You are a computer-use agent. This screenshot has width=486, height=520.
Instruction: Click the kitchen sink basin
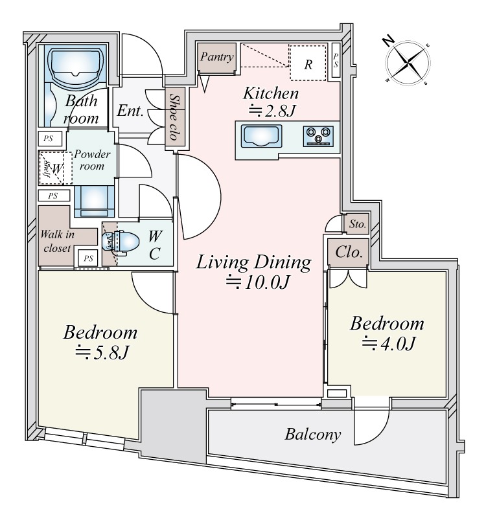point(262,137)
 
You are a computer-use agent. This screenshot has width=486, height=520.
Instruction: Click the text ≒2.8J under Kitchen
point(273,111)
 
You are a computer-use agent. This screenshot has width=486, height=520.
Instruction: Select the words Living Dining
point(254,262)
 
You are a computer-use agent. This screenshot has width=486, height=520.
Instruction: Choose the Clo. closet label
point(348,251)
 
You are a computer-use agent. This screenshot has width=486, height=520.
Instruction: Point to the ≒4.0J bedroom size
point(388,343)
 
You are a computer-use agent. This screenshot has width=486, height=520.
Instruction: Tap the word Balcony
point(312,434)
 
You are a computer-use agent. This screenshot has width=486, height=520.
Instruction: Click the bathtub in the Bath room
point(76,67)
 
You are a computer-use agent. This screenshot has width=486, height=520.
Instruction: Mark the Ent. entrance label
point(130,110)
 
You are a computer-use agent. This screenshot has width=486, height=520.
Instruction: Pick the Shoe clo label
point(174,119)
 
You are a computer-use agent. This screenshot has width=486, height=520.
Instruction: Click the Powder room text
point(92,160)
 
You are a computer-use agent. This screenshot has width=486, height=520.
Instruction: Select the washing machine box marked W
point(56,168)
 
